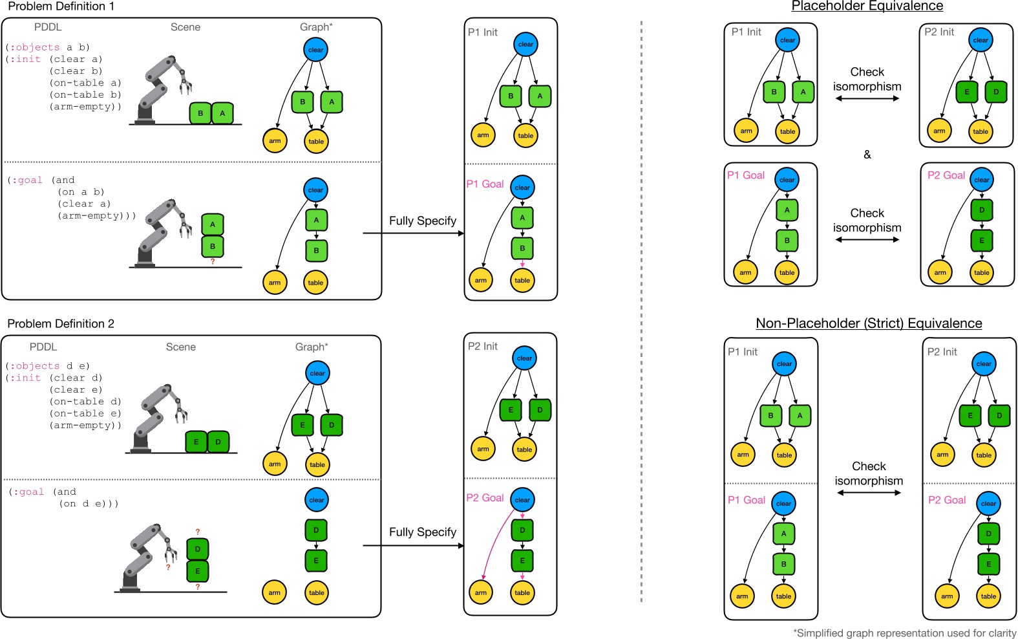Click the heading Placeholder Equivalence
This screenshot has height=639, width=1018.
click(867, 6)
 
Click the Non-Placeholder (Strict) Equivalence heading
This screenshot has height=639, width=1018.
click(869, 323)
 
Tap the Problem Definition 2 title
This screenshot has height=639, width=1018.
click(61, 323)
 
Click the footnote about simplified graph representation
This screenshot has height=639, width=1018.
click(904, 633)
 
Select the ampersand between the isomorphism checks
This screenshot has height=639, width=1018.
click(867, 155)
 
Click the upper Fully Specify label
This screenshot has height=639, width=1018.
click(422, 221)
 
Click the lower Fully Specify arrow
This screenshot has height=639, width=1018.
click(414, 545)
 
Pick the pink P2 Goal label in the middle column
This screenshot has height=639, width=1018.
click(485, 498)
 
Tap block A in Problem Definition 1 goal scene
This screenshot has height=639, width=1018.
click(213, 224)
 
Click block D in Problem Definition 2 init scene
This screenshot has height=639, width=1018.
click(218, 442)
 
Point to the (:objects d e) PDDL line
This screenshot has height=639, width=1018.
click(48, 365)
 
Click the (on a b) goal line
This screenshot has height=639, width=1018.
click(81, 192)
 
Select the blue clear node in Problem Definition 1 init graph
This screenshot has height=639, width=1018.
click(315, 50)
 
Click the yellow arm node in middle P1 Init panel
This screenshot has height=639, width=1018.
click(483, 135)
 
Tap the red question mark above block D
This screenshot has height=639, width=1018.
click(198, 532)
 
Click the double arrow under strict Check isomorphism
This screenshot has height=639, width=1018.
click(869, 493)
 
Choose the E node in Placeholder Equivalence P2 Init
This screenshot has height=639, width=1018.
click(967, 92)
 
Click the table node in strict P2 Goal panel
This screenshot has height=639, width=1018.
click(988, 596)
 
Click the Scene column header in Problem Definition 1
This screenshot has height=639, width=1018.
click(186, 27)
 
